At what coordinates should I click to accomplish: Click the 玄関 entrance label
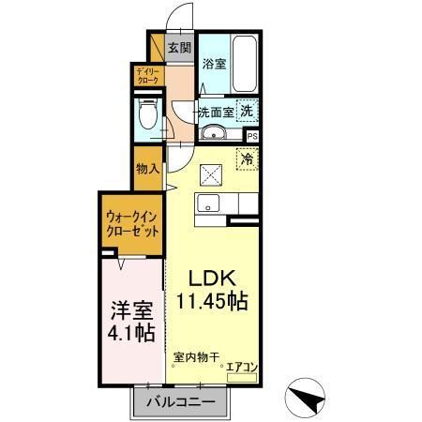[x=179, y=49]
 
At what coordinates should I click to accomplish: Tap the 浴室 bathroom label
[x=214, y=64]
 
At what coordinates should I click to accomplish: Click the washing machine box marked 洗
[x=246, y=110]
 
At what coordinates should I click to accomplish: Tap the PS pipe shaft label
[x=251, y=134]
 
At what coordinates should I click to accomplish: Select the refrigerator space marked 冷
[x=249, y=160]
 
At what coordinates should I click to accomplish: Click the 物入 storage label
[x=147, y=170]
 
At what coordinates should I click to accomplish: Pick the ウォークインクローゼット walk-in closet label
[x=131, y=224]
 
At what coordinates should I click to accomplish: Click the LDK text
[x=212, y=279]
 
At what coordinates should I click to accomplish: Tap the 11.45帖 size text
[x=212, y=303]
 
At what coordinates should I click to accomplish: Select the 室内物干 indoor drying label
[x=196, y=357]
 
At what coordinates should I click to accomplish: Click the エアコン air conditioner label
[x=241, y=367]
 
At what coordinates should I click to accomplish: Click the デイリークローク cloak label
[x=147, y=78]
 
